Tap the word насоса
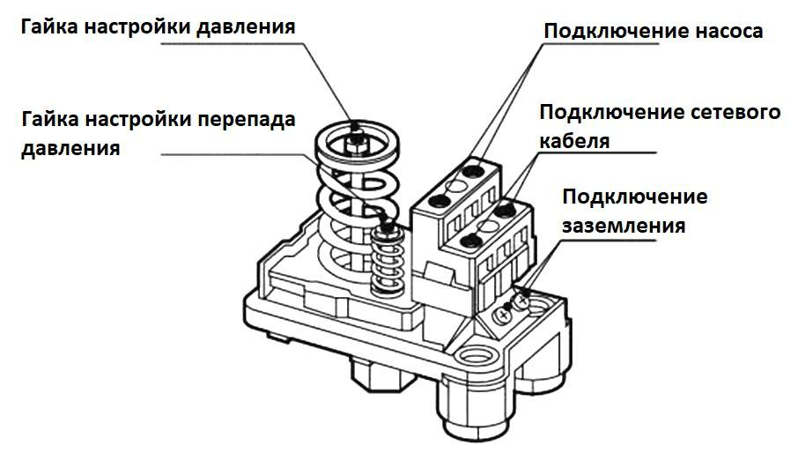coord(723,31)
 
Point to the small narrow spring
coord(385,264)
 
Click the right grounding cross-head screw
coord(521,301)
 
